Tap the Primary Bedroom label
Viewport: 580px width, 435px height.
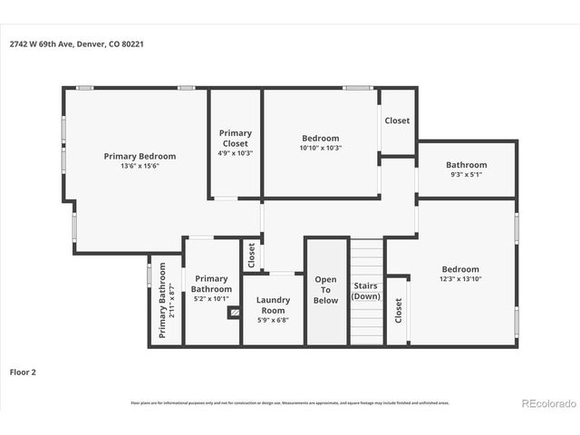click(x=140, y=156)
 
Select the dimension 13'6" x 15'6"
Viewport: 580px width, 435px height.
click(x=140, y=166)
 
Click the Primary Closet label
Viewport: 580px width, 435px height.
click(x=236, y=138)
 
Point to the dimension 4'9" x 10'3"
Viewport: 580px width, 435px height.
click(x=236, y=153)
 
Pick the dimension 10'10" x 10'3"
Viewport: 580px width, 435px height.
click(x=321, y=148)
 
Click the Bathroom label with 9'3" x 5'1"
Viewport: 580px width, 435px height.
click(x=466, y=165)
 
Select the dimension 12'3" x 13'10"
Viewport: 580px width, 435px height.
click(x=460, y=279)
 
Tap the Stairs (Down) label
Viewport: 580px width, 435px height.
click(x=366, y=291)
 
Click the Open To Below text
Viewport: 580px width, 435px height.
click(x=325, y=289)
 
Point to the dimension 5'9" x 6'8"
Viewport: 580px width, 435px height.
click(x=273, y=319)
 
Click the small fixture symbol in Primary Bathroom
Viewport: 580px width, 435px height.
click(x=235, y=313)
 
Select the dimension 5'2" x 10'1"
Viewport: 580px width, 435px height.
click(x=211, y=298)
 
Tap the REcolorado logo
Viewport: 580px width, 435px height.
click(x=546, y=402)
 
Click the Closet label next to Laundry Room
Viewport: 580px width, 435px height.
click(x=251, y=256)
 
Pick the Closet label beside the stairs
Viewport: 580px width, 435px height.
click(x=398, y=310)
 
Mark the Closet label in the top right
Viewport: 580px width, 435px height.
click(x=397, y=121)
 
